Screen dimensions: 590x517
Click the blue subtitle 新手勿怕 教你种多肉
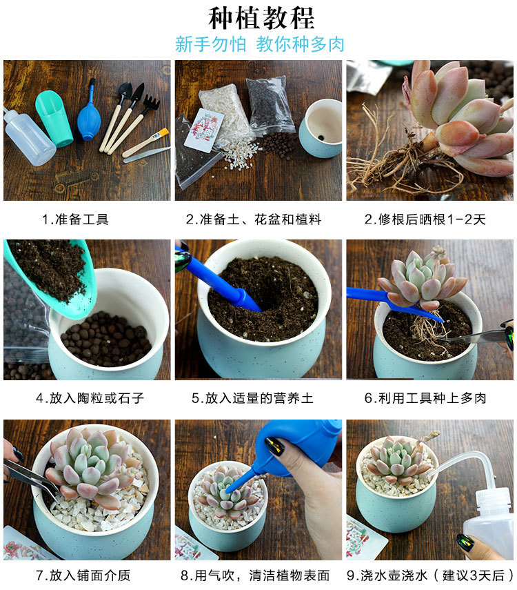click(x=259, y=45)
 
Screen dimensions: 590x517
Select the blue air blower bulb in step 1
click(x=89, y=117)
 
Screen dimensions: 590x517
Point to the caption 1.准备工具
click(x=75, y=219)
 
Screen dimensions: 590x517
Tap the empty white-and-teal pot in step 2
click(x=321, y=128)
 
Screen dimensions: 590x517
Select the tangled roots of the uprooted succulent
click(x=386, y=162)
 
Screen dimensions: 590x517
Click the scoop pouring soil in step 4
click(x=48, y=276)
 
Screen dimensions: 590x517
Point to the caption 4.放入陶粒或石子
click(x=90, y=398)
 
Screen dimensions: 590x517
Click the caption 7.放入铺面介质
click(x=83, y=575)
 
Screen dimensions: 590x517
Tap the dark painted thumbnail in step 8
click(x=274, y=446)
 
